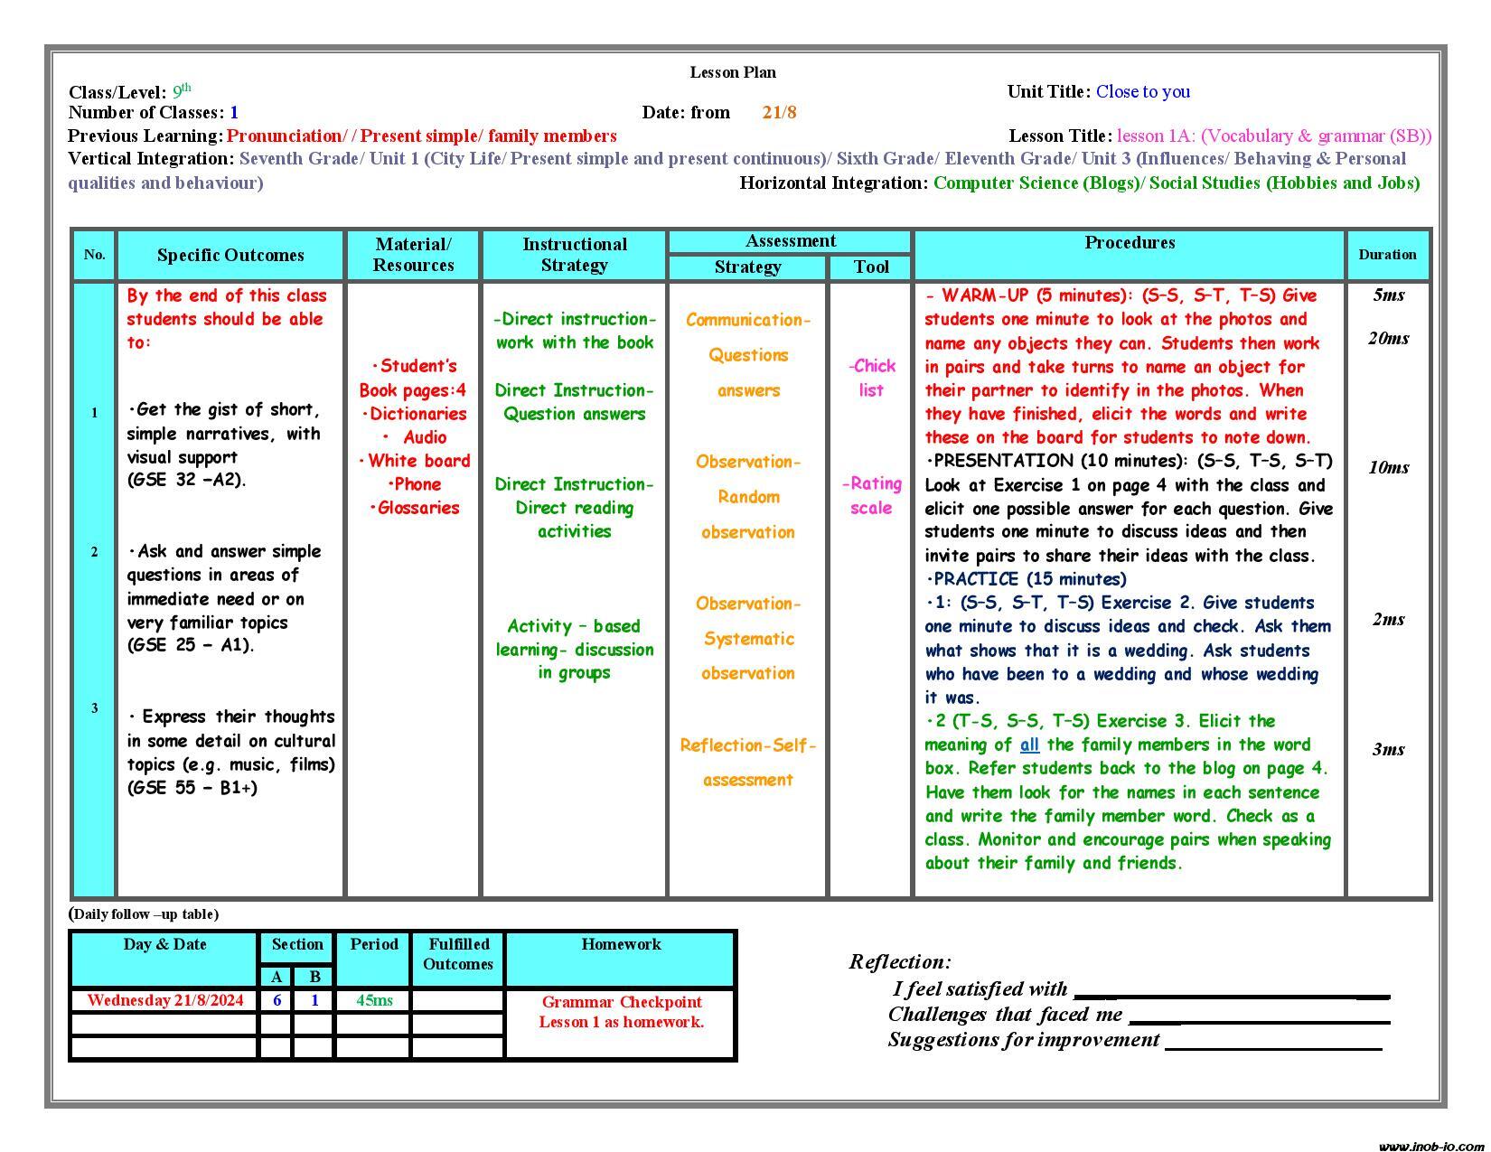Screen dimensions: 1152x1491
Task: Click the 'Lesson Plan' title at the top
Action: (x=732, y=72)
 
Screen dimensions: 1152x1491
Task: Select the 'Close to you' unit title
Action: (x=1142, y=91)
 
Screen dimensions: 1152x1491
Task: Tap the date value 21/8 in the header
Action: (x=779, y=113)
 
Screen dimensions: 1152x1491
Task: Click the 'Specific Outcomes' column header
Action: (x=230, y=255)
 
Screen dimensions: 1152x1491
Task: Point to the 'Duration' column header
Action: (x=1386, y=255)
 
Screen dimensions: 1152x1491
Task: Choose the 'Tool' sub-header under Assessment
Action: (x=871, y=267)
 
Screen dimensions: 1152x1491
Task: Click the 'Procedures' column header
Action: (x=1130, y=243)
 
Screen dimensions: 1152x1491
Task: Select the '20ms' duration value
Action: (x=1388, y=339)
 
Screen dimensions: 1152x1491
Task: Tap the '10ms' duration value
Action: (x=1388, y=468)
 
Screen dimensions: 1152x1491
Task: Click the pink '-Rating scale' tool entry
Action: (x=871, y=496)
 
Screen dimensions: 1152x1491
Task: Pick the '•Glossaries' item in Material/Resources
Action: (x=414, y=508)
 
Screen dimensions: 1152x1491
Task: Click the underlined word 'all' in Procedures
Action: (x=1029, y=745)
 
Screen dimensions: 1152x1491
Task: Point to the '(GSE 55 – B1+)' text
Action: (x=192, y=788)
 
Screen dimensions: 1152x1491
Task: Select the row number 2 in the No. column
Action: (x=94, y=552)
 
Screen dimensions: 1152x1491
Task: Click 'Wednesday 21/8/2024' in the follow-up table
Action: (x=165, y=1000)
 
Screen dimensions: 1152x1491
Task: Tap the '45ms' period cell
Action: (x=374, y=1000)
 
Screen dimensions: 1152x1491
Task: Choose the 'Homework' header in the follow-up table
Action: (x=621, y=945)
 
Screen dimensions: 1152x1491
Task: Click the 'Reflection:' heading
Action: (x=899, y=962)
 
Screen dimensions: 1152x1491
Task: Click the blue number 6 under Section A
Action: (x=277, y=1000)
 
